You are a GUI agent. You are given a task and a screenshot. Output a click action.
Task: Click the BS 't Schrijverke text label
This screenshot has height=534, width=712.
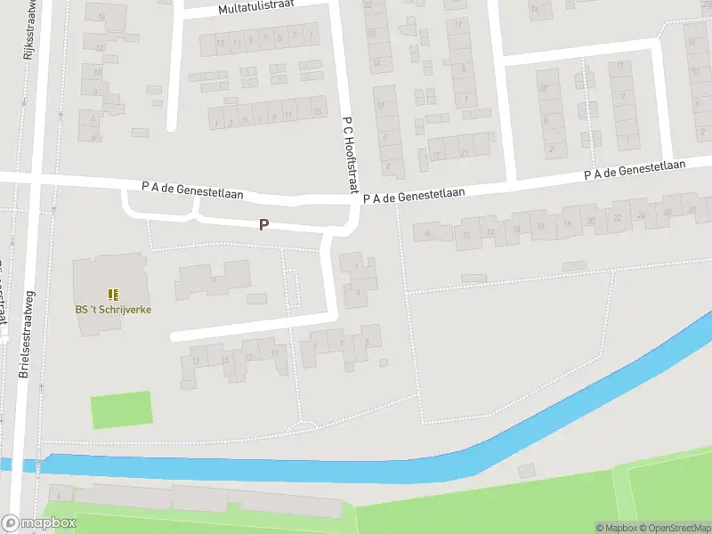coord(113,309)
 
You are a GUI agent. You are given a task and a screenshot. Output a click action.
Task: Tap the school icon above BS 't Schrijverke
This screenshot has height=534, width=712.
coord(113,294)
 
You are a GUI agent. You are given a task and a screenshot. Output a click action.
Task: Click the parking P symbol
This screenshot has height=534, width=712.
coord(263,225)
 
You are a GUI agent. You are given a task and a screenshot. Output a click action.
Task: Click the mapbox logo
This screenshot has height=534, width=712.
coord(39,523)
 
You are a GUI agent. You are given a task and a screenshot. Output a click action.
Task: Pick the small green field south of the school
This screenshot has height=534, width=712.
coord(121,410)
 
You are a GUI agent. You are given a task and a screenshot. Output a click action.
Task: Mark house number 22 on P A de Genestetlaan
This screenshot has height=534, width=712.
coord(618,217)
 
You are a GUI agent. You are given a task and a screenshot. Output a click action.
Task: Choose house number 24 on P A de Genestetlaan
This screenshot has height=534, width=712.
coord(642,214)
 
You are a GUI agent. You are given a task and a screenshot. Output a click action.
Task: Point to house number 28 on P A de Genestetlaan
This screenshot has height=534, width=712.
coord(692,209)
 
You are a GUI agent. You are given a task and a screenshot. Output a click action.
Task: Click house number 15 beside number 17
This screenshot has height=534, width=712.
coord(226,359)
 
